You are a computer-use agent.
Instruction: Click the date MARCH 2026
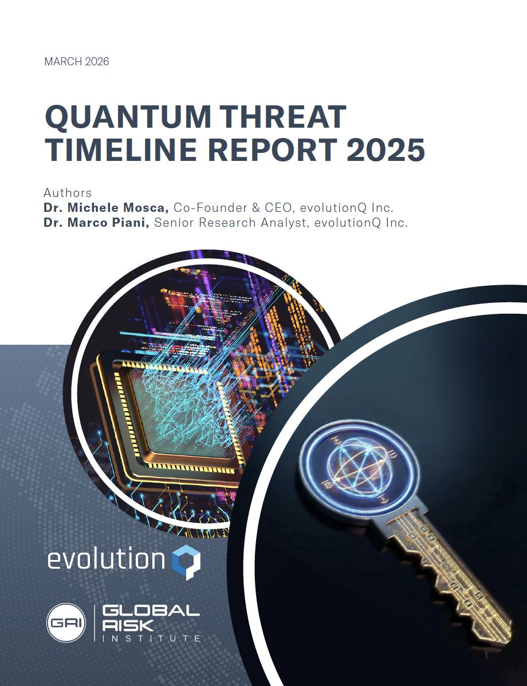[76, 61]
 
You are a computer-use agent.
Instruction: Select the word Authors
[68, 192]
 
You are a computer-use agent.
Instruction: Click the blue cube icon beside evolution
[187, 562]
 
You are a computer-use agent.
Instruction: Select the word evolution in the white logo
[107, 560]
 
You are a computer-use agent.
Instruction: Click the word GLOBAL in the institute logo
[151, 611]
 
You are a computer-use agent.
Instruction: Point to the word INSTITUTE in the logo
[151, 638]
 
